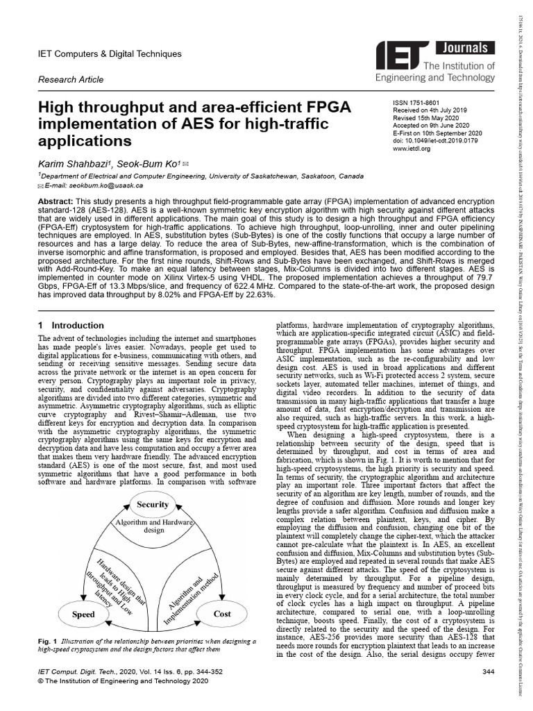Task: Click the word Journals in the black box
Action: point(464,49)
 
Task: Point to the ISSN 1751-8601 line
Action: point(418,102)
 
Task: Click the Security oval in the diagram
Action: point(153,505)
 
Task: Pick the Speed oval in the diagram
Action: point(83,614)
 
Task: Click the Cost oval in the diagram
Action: point(222,614)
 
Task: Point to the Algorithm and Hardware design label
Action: point(153,526)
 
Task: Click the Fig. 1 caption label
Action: point(48,641)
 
